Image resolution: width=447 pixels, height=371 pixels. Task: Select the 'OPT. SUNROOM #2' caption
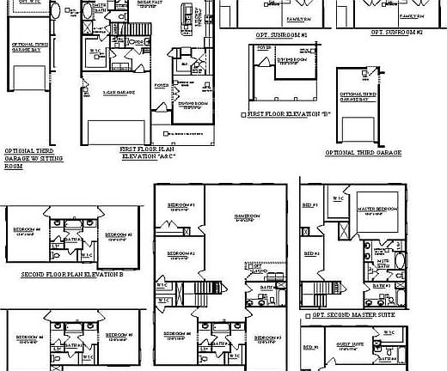click(x=397, y=32)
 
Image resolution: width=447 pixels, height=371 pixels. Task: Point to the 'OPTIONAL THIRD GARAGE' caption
click(x=364, y=152)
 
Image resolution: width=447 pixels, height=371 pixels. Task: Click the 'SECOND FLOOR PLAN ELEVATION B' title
click(x=72, y=275)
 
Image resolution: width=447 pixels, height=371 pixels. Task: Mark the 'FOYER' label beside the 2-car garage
click(x=161, y=86)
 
